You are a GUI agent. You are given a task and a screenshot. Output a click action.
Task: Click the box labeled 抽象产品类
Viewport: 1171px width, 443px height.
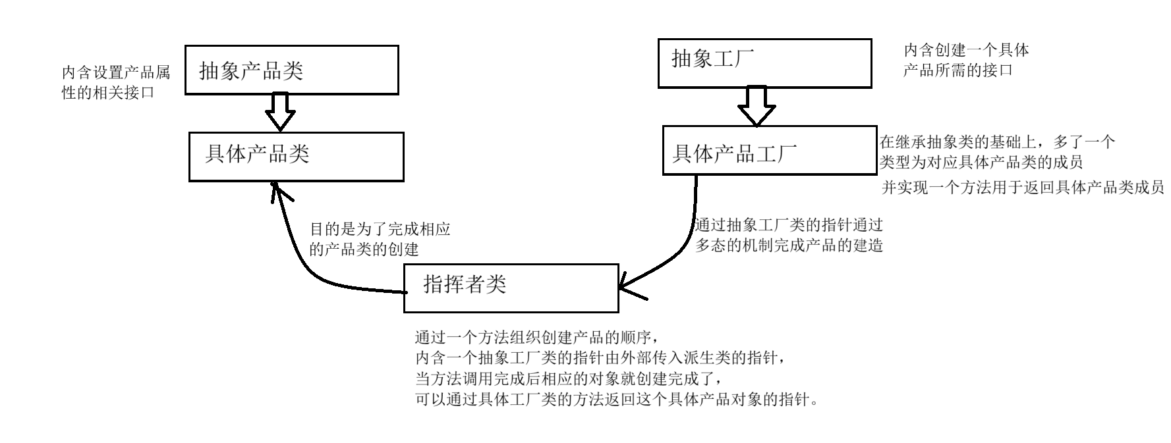pos(291,70)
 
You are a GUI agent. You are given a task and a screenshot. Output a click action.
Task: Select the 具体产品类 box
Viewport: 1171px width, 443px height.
pos(296,157)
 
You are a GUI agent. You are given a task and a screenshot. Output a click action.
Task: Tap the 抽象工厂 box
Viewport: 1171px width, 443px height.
pos(764,63)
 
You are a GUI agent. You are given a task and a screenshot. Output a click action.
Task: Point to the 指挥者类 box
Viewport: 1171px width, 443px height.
pos(511,288)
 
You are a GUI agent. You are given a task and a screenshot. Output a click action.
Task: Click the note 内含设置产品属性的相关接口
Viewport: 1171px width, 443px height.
pos(116,82)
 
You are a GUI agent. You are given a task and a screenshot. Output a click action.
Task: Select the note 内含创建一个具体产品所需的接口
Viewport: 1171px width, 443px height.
pos(965,60)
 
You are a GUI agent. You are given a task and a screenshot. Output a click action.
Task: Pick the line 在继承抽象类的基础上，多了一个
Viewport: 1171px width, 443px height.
pos(997,142)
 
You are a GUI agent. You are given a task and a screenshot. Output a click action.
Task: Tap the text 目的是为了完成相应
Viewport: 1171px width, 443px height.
pos(380,230)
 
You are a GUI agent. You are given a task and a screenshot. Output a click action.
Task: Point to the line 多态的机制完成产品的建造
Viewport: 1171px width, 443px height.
pos(789,246)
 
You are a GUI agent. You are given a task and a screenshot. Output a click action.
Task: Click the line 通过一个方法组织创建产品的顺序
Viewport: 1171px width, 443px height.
pos(536,338)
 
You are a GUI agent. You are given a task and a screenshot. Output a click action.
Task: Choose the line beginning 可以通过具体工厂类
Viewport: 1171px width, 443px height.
pos(617,400)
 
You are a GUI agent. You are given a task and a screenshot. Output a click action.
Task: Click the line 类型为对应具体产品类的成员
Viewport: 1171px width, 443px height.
pos(981,162)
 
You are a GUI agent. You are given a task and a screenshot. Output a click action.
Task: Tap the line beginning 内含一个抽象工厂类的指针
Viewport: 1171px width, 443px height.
pos(600,359)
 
